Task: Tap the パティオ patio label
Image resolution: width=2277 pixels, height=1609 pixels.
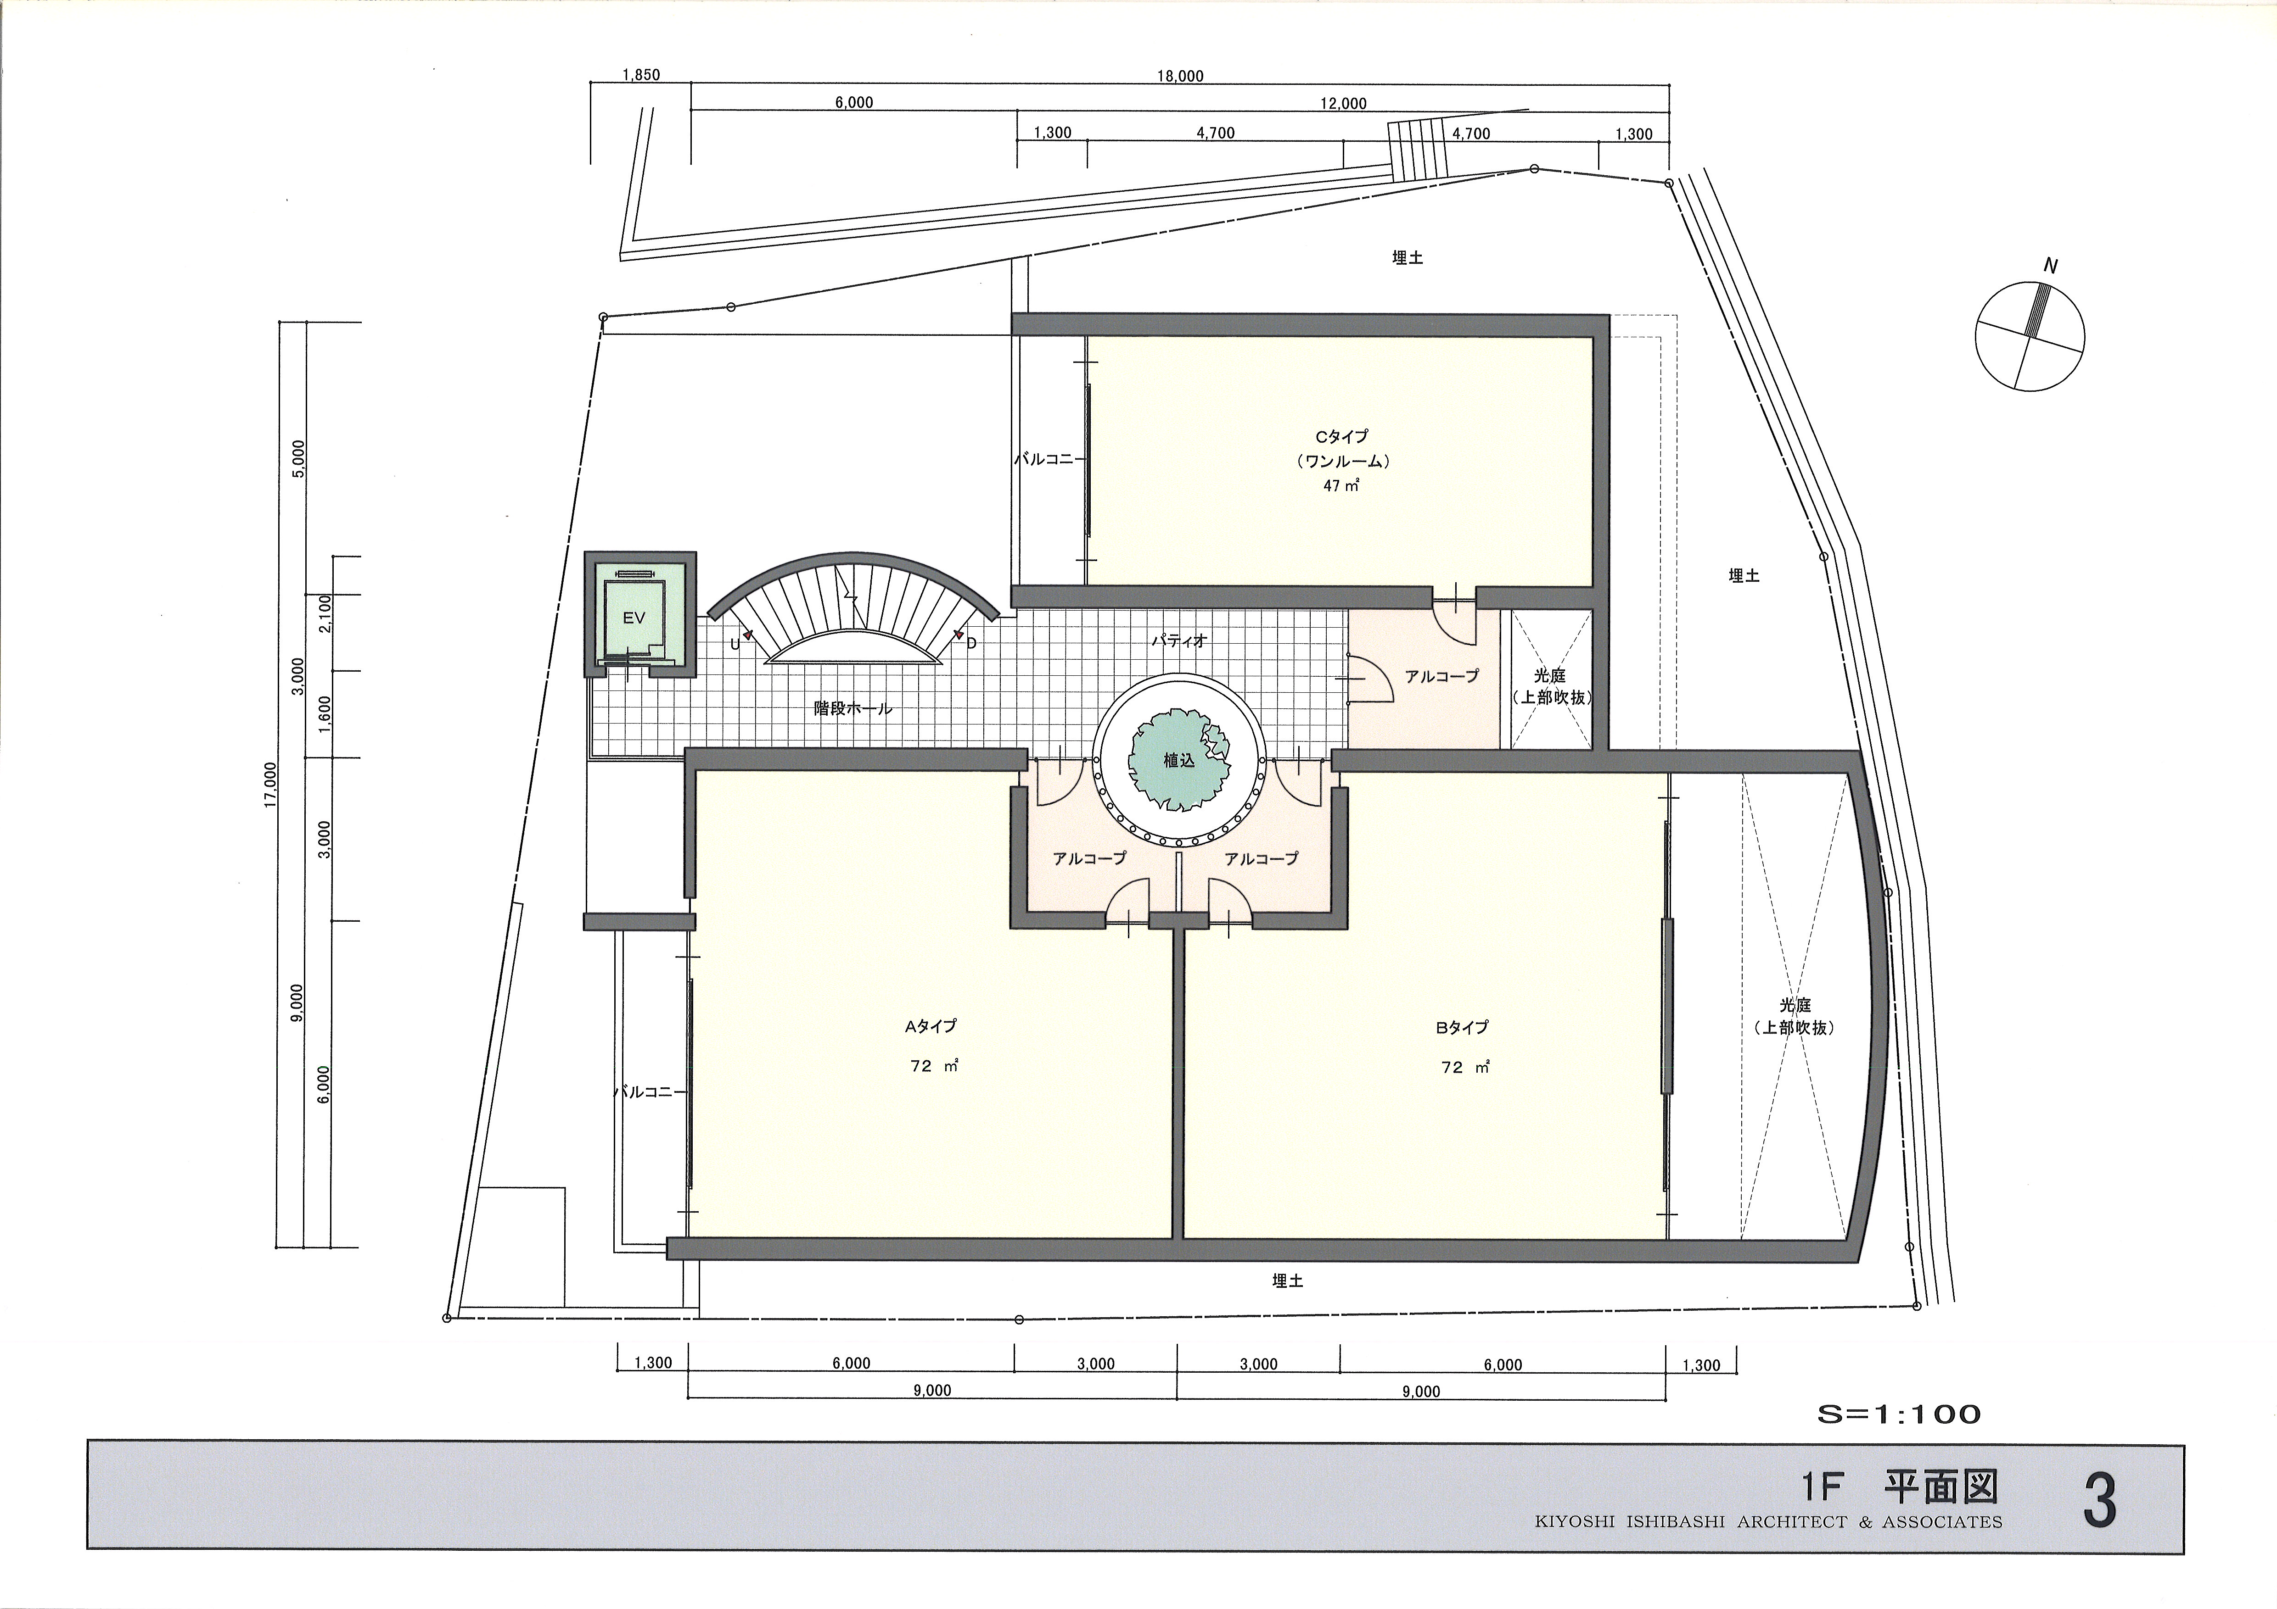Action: tap(1179, 641)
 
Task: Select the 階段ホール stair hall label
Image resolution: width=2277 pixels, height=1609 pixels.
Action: tap(853, 709)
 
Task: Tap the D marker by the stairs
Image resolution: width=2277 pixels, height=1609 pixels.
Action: tap(972, 643)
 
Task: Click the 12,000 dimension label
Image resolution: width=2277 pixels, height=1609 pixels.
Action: tap(1343, 103)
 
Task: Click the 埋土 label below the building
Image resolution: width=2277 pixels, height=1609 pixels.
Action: tap(1287, 1281)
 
